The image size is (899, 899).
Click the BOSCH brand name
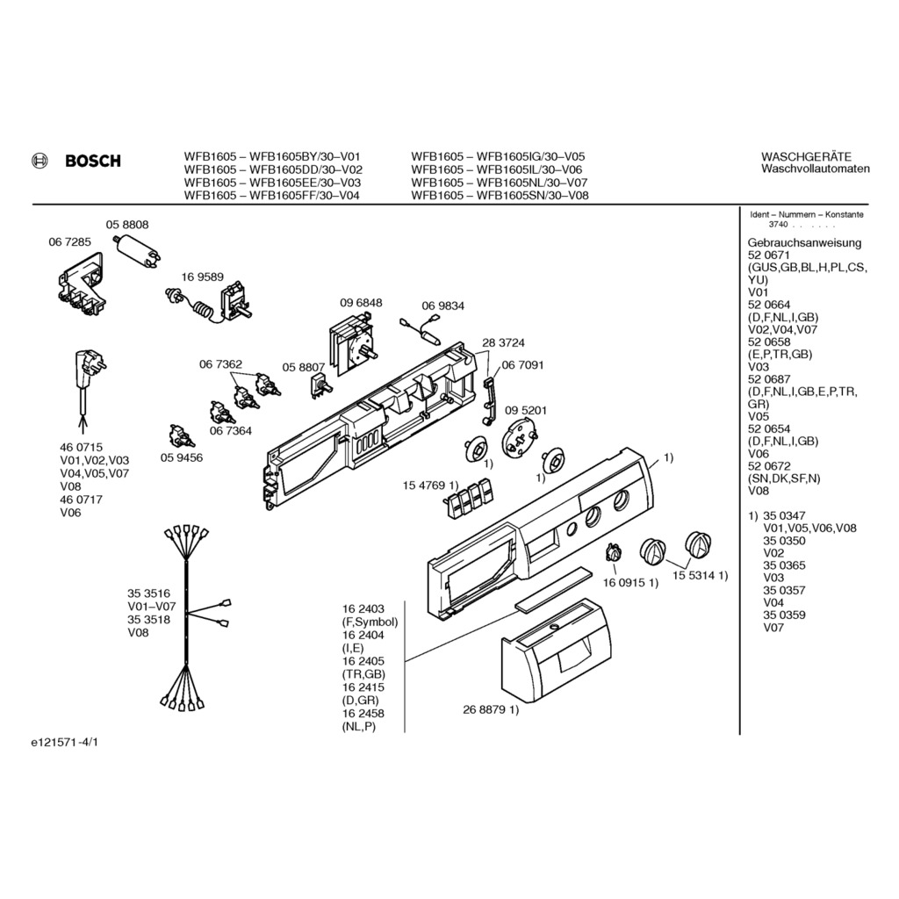(92, 161)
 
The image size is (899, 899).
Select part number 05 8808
(127, 225)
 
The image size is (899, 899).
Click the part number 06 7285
(68, 240)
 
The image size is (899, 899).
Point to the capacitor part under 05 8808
(140, 253)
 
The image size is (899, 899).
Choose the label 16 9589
(203, 277)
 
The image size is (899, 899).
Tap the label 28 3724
(503, 342)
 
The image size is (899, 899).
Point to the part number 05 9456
(181, 457)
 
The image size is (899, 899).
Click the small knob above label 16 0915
(613, 553)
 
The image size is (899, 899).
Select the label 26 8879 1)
(491, 709)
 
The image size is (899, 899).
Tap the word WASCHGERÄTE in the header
(806, 156)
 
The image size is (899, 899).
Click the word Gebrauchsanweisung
(804, 242)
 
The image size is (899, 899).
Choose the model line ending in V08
(500, 196)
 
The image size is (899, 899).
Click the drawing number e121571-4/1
(66, 743)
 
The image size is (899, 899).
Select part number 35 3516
(149, 593)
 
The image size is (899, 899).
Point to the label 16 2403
(363, 608)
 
